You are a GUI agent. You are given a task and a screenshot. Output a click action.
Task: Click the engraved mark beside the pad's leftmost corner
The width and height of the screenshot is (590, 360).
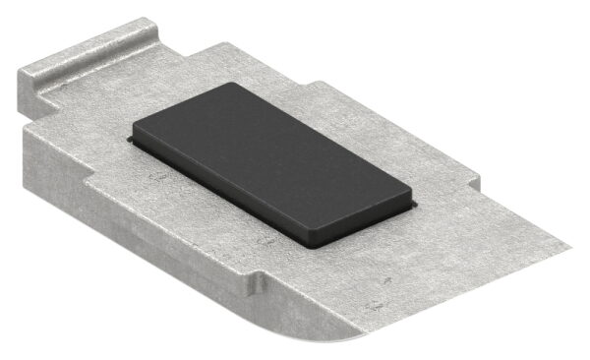pyautogui.click(x=152, y=177)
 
